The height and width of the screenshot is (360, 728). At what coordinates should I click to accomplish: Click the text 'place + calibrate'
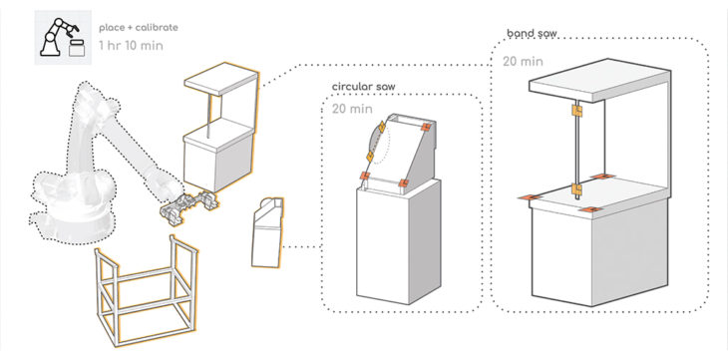tap(139, 27)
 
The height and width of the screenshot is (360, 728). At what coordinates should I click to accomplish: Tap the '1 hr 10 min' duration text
tap(131, 46)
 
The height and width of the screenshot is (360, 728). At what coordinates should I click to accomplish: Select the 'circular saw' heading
tap(364, 87)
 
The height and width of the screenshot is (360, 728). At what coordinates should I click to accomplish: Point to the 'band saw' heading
tap(532, 34)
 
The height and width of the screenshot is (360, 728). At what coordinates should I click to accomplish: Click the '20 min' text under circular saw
tap(352, 109)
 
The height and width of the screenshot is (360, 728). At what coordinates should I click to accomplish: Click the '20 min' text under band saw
tap(523, 61)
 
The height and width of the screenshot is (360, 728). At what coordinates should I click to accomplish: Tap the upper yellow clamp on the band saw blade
tap(577, 111)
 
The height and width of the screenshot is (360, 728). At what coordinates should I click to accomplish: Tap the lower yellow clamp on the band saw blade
tap(577, 188)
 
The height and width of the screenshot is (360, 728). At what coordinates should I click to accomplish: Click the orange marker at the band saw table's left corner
tap(531, 197)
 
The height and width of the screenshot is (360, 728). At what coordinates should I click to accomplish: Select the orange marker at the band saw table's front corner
tap(590, 210)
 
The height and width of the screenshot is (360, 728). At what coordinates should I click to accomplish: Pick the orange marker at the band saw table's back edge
tap(601, 177)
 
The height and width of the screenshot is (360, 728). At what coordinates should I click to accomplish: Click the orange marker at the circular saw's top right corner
tap(427, 127)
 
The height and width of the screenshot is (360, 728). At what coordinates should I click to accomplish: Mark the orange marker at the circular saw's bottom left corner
tap(365, 176)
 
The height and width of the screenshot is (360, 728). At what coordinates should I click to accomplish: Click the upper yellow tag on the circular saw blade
tap(381, 127)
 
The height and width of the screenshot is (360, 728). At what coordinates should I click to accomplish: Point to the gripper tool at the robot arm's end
tap(188, 206)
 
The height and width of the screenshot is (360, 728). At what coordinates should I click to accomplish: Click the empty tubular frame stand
tap(146, 292)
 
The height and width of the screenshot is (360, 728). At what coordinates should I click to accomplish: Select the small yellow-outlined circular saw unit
tap(267, 232)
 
